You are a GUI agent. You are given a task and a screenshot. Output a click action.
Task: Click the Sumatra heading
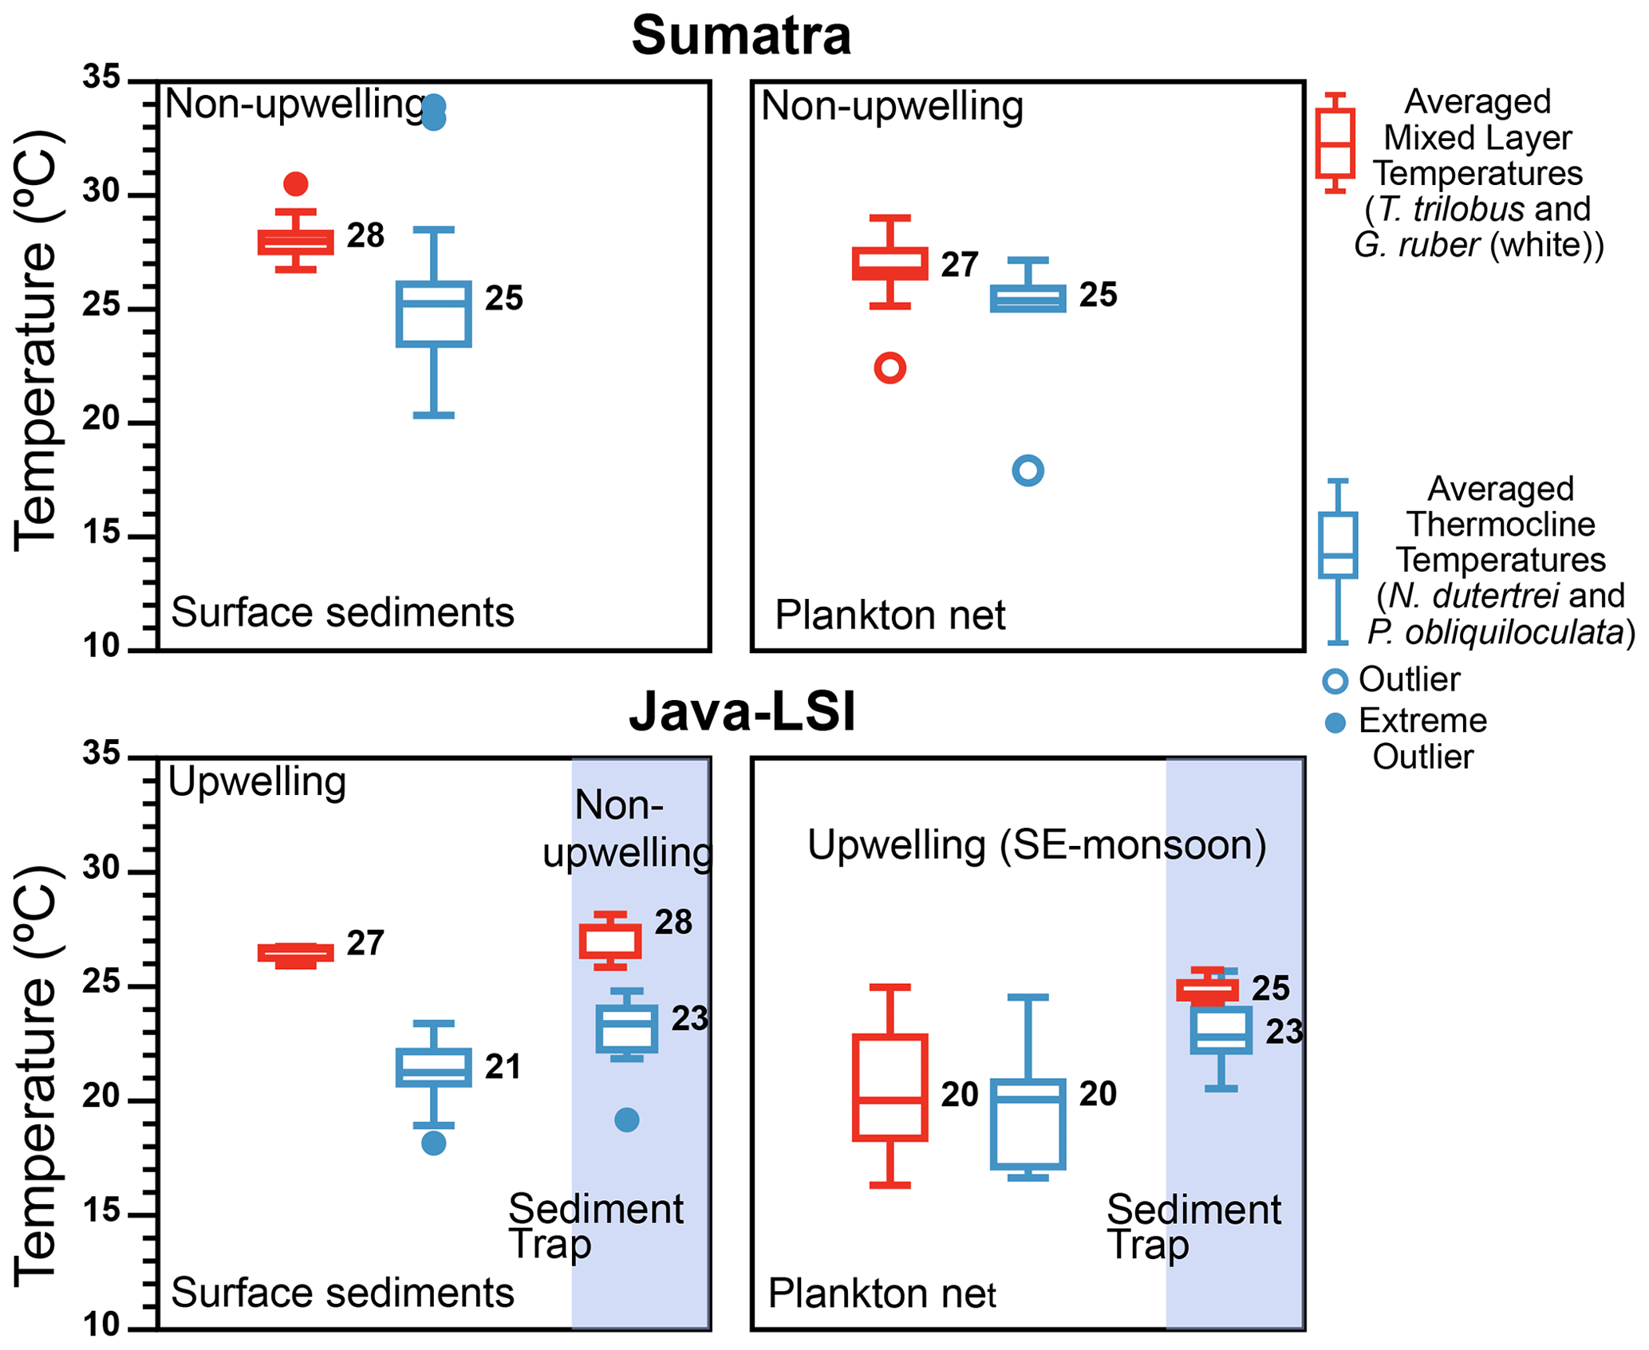point(741,36)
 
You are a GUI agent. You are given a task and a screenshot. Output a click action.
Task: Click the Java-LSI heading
point(741,711)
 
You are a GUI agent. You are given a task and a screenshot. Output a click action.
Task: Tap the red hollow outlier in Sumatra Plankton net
point(890,368)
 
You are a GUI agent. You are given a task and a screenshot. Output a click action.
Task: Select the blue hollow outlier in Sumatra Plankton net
point(1028,470)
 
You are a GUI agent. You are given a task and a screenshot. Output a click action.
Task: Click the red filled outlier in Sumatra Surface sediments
point(296,184)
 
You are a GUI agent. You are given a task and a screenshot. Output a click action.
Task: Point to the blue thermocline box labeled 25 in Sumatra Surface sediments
point(433,314)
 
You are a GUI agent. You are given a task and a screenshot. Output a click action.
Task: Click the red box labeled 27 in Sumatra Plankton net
point(890,264)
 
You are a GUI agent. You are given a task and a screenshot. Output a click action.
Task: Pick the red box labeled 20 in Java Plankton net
point(890,1088)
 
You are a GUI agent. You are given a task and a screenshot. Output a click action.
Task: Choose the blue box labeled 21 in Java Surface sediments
point(433,1067)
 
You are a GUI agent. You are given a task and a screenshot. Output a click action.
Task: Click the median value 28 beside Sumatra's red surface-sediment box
point(365,236)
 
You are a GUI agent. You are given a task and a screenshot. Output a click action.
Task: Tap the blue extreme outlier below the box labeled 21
point(433,1143)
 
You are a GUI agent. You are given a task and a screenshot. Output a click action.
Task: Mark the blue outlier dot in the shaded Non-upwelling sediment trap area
point(627,1120)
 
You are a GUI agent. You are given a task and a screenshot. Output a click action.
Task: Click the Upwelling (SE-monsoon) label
point(1036,845)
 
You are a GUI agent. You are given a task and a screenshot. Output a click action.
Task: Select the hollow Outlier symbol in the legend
point(1335,681)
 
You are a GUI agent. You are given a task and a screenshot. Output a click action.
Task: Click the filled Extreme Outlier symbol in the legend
point(1335,722)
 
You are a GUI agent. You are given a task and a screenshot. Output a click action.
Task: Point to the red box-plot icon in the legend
point(1335,144)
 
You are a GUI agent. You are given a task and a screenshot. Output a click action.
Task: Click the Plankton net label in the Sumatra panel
point(890,616)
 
